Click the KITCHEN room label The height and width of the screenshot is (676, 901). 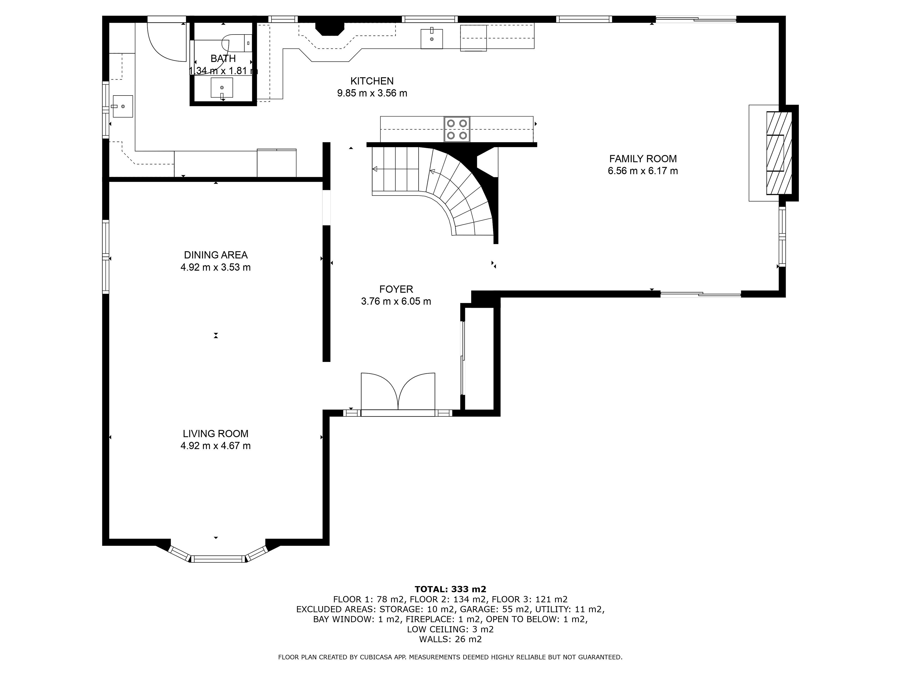(x=372, y=81)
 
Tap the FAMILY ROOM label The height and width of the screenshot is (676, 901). (x=643, y=159)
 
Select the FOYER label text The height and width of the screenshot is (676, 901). (x=396, y=289)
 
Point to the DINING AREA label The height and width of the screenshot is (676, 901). (x=215, y=255)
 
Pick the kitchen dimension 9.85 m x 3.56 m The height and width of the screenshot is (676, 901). (x=372, y=93)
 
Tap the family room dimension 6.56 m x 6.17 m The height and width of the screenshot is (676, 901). (x=643, y=171)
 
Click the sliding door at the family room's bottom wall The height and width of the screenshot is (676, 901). (x=701, y=294)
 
